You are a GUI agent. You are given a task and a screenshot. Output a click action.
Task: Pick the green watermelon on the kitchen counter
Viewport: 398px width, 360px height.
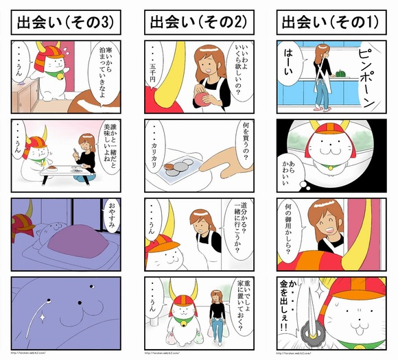342,70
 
